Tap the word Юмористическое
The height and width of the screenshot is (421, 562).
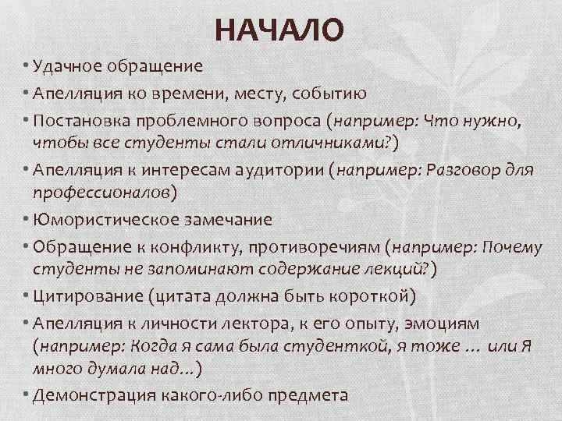[x=110, y=220]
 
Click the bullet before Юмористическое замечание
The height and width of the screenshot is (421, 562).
[x=26, y=220]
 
